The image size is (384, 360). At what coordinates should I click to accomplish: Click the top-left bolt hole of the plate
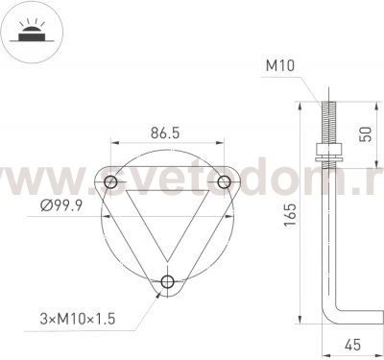(112, 181)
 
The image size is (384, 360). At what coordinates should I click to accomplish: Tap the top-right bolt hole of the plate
(224, 181)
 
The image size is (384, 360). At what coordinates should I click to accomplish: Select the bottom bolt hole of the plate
(168, 281)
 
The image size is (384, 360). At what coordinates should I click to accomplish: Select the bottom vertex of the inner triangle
(168, 257)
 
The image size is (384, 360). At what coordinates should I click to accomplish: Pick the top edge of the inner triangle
(168, 191)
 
